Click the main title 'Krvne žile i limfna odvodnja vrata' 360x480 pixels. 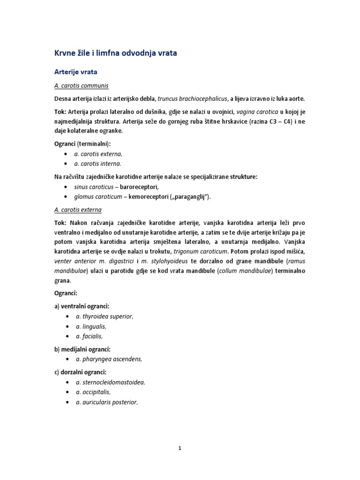point(116,53)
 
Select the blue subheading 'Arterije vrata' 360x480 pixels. point(76,72)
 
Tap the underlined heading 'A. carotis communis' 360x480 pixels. point(82,86)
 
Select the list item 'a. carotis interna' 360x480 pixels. point(97,164)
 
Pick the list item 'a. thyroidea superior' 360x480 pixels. point(105,316)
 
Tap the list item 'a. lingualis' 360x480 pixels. point(91,326)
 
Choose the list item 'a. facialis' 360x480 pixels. point(89,336)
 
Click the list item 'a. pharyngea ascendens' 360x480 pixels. point(109,359)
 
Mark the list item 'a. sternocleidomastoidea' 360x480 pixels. point(111,382)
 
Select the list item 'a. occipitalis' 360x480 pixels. point(94,392)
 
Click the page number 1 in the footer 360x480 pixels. point(180,448)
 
